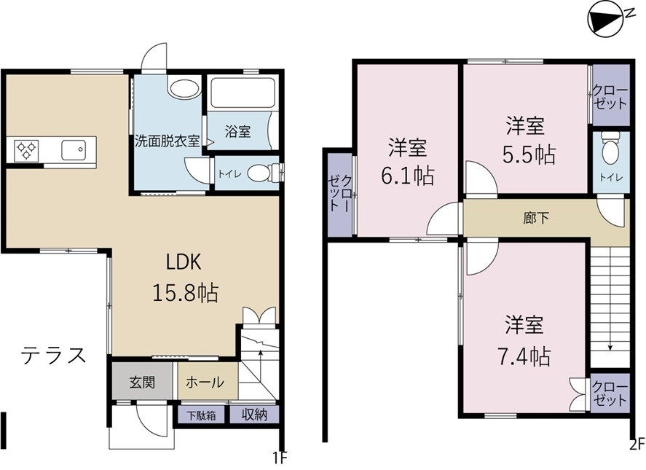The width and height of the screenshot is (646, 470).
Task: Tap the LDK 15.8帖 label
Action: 184,278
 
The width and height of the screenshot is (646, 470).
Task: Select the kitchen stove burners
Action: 27,151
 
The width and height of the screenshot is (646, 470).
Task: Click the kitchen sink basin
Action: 74,151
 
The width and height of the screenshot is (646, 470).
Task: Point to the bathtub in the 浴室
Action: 240,94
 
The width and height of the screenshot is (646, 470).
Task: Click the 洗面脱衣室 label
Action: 167,141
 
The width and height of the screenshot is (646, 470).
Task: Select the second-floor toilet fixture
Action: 610,150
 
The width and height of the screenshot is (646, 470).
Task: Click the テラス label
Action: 54,356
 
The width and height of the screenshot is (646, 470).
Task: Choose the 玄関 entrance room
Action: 142,381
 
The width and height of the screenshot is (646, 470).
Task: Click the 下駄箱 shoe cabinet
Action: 201,416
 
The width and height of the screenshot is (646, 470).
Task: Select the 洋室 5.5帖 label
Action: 525,138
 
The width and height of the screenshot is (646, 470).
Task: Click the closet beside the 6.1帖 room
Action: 339,195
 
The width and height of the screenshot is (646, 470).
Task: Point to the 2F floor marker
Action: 637,442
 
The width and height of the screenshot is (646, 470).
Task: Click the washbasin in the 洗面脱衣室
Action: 183,90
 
